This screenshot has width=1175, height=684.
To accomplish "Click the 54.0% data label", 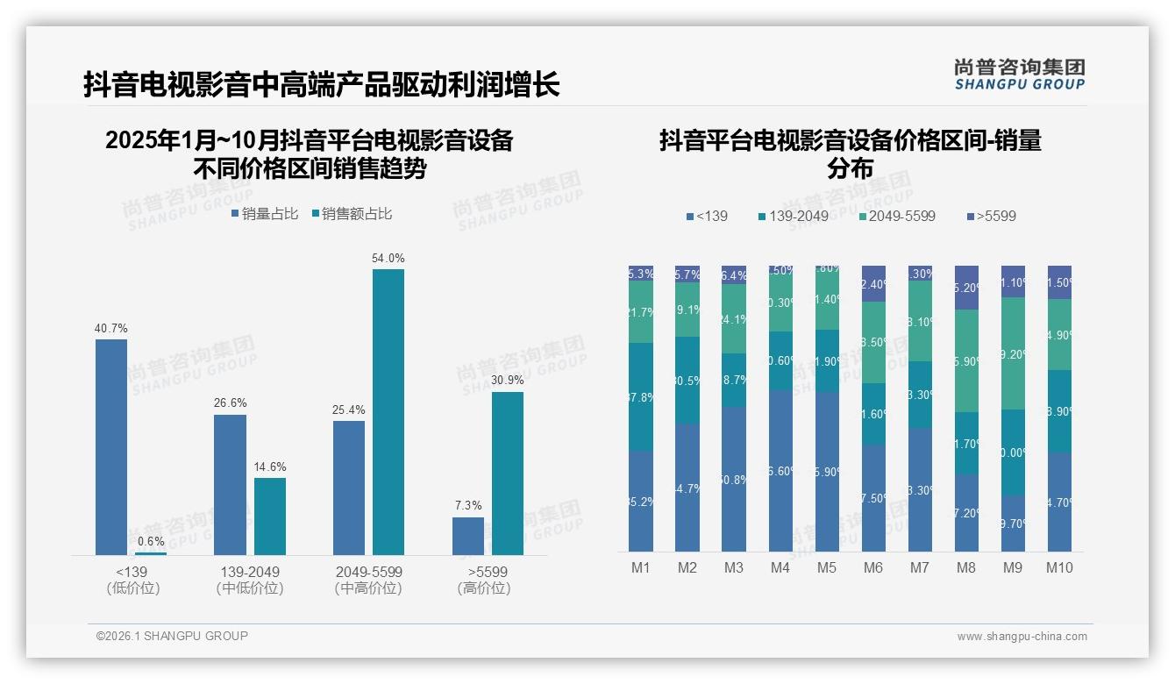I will [x=388, y=259].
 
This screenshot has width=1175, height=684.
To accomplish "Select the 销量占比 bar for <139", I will [x=111, y=447].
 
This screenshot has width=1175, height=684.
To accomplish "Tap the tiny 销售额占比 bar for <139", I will [x=151, y=553].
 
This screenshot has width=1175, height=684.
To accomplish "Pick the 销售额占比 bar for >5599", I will [x=507, y=474].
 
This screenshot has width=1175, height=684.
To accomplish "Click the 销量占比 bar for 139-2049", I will [x=230, y=485].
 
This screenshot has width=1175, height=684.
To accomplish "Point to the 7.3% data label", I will [x=468, y=506].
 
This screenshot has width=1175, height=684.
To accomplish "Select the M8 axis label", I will [x=965, y=568].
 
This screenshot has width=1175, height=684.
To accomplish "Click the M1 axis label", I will [x=641, y=568].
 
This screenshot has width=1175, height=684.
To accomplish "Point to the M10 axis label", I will [x=1059, y=568].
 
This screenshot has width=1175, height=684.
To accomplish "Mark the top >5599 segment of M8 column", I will [x=965, y=287].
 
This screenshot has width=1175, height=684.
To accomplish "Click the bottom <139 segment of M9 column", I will [x=1013, y=524].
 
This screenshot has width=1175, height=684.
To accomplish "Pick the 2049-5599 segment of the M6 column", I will [x=873, y=342].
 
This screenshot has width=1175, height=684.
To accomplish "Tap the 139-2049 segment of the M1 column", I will [x=641, y=397].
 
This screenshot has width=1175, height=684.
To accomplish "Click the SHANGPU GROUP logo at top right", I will [x=1019, y=75].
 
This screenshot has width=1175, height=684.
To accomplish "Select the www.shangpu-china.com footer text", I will [x=1022, y=637].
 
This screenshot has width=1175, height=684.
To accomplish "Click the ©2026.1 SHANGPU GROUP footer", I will [x=172, y=636].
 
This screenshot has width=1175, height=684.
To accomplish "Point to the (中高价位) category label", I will [x=368, y=588].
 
